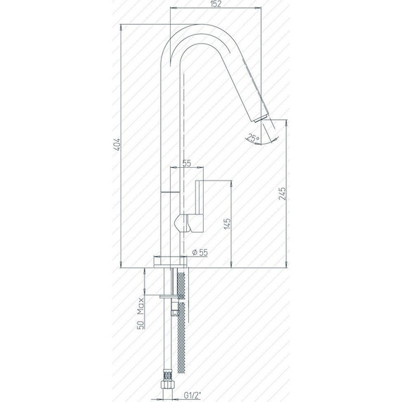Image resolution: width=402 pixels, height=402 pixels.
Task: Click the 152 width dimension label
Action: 216,4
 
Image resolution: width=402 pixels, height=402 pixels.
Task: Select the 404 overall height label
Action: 116,145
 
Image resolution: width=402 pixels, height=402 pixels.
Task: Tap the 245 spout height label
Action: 282,193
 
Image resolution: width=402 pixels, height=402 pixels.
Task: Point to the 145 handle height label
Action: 227,224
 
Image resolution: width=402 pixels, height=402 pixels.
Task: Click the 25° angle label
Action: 252,138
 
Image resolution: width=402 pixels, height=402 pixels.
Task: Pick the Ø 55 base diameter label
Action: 200,252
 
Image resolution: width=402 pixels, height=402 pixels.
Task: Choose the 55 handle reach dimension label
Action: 187,164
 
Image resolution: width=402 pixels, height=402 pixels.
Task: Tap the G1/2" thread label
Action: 193,395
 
